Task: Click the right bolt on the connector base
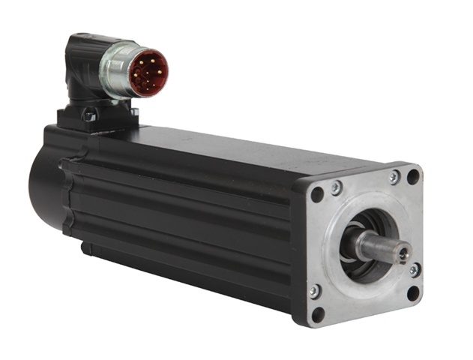pos(135,112)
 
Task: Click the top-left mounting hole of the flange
pos(317,194)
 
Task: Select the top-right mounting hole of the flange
pos(413,177)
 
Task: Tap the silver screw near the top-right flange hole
pos(394,178)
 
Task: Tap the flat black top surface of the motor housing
pos(225,146)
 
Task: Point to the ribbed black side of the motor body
pos(187,217)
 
